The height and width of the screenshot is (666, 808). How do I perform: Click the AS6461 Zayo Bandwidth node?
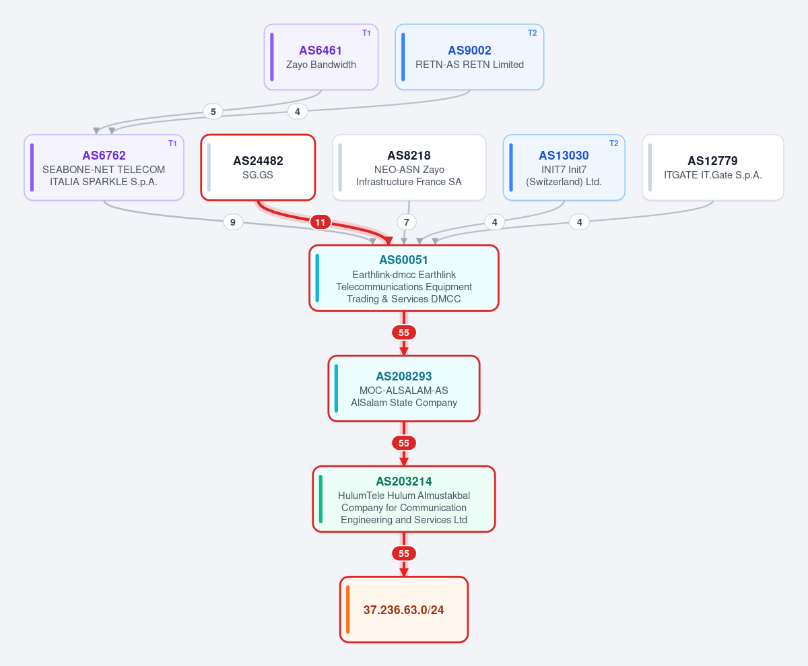point(321,57)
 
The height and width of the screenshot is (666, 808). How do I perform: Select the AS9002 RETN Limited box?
point(469,57)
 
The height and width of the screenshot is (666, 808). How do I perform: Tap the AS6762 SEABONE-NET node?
point(104,168)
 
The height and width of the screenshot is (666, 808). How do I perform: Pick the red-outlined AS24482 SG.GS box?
point(258,168)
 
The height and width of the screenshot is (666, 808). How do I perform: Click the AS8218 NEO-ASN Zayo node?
point(409,168)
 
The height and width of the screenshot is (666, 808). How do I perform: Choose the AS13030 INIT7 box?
point(564,168)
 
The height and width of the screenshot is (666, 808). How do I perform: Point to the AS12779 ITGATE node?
point(713,168)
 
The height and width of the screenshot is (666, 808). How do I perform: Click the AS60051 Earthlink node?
point(403,278)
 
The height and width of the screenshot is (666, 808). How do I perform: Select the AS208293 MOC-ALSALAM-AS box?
point(403,389)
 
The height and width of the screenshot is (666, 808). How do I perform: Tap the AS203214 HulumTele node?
point(403,499)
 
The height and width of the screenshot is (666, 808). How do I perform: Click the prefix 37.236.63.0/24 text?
point(403,610)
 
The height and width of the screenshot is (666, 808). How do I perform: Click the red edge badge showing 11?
point(321,222)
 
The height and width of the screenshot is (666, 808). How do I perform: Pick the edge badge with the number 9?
point(232,222)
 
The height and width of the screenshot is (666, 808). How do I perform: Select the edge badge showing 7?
point(406,222)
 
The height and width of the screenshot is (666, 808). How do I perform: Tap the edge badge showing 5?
point(213,112)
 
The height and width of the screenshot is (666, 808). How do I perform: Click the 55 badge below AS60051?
point(403,333)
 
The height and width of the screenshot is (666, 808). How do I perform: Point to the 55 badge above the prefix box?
point(403,554)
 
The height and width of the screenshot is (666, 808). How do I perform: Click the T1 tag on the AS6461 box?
point(366,33)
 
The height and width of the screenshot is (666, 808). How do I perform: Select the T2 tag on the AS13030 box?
point(613,143)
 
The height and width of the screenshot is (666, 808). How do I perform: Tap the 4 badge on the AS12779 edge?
point(579,222)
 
